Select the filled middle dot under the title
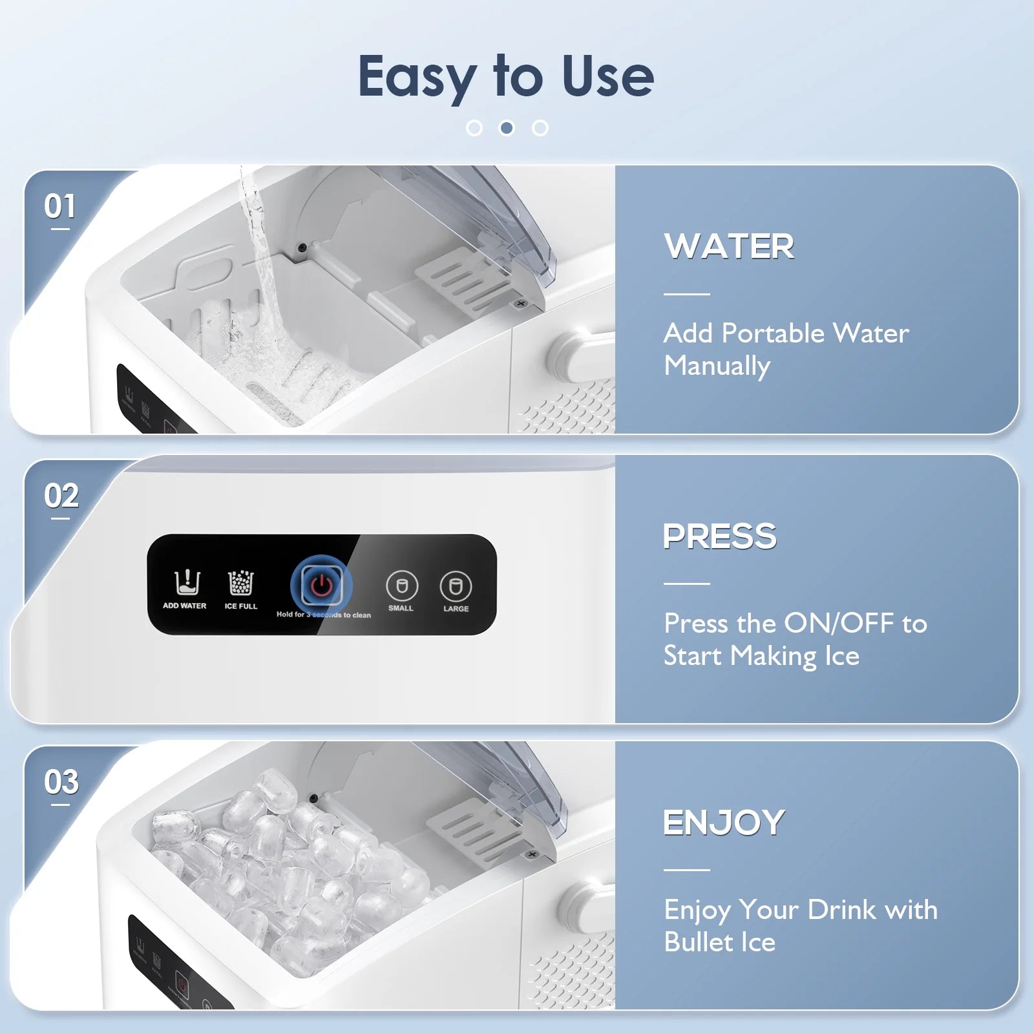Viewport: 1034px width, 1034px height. coord(507,128)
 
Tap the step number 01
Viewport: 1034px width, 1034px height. coord(59,207)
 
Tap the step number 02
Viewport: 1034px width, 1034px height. coord(61,496)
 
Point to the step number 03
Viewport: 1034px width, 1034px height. coord(61,782)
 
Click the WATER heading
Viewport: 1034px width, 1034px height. coord(729,246)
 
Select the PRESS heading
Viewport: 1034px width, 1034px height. coord(720,536)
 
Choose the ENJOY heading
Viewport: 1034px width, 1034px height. coord(724,823)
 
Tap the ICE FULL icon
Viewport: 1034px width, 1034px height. coord(241,583)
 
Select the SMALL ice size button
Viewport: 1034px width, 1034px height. coord(402,586)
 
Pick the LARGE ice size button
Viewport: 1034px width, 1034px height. coord(456,586)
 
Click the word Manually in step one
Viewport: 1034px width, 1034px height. coord(717,366)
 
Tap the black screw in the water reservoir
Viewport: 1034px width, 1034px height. coord(302,247)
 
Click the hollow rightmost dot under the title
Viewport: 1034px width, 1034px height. coord(540,128)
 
